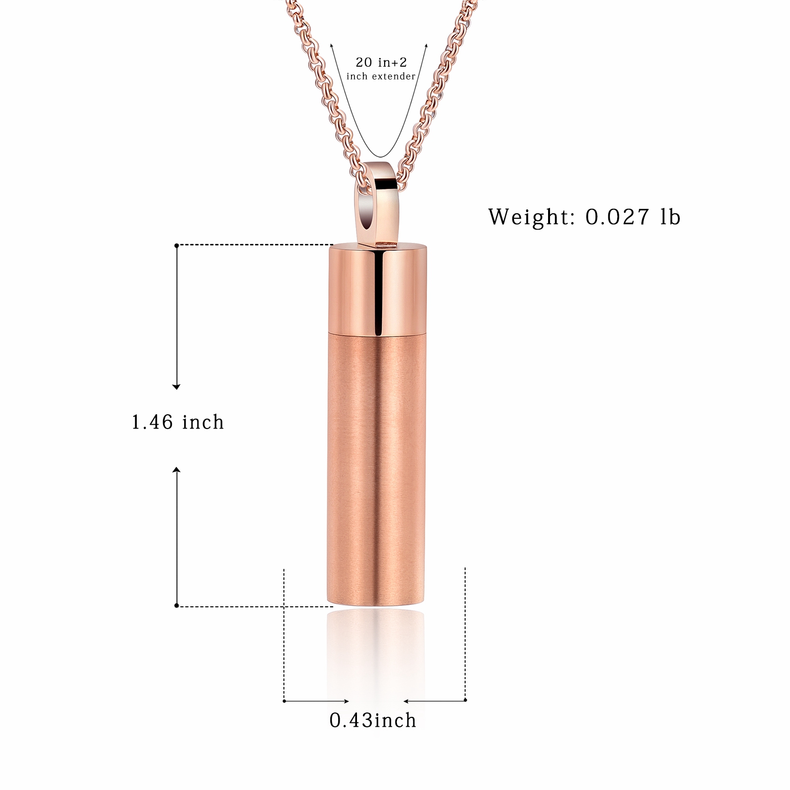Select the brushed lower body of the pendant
pos(378,469)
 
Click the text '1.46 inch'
pos(178,423)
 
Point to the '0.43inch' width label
pos(373,720)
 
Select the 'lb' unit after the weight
pos(671,216)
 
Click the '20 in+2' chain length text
pos(381,62)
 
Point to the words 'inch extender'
pos(381,76)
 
